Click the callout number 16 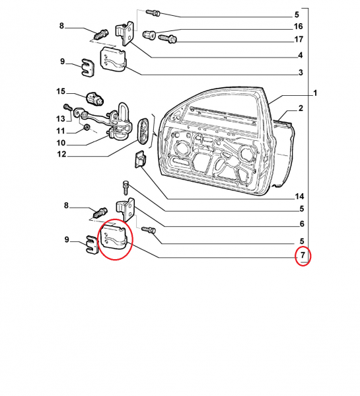[298, 26]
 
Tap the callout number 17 [299, 40]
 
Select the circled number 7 [303, 255]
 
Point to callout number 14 [299, 196]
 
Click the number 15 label [61, 91]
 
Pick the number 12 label [61, 154]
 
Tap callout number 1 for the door [315, 93]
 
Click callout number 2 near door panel [301, 108]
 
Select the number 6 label [302, 223]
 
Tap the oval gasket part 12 [143, 131]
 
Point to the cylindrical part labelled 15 [94, 99]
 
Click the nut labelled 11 [87, 128]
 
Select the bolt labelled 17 [168, 38]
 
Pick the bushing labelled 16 [149, 35]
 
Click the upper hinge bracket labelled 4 [125, 34]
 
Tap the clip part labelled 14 [140, 159]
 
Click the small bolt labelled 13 [68, 107]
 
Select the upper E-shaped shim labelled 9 [88, 67]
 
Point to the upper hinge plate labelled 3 [113, 60]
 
